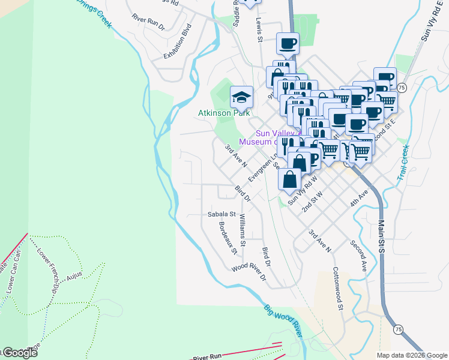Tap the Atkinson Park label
224,113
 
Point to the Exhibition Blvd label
177,41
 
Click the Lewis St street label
260,29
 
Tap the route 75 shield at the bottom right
397,329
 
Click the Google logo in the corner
20,353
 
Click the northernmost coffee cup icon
287,44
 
